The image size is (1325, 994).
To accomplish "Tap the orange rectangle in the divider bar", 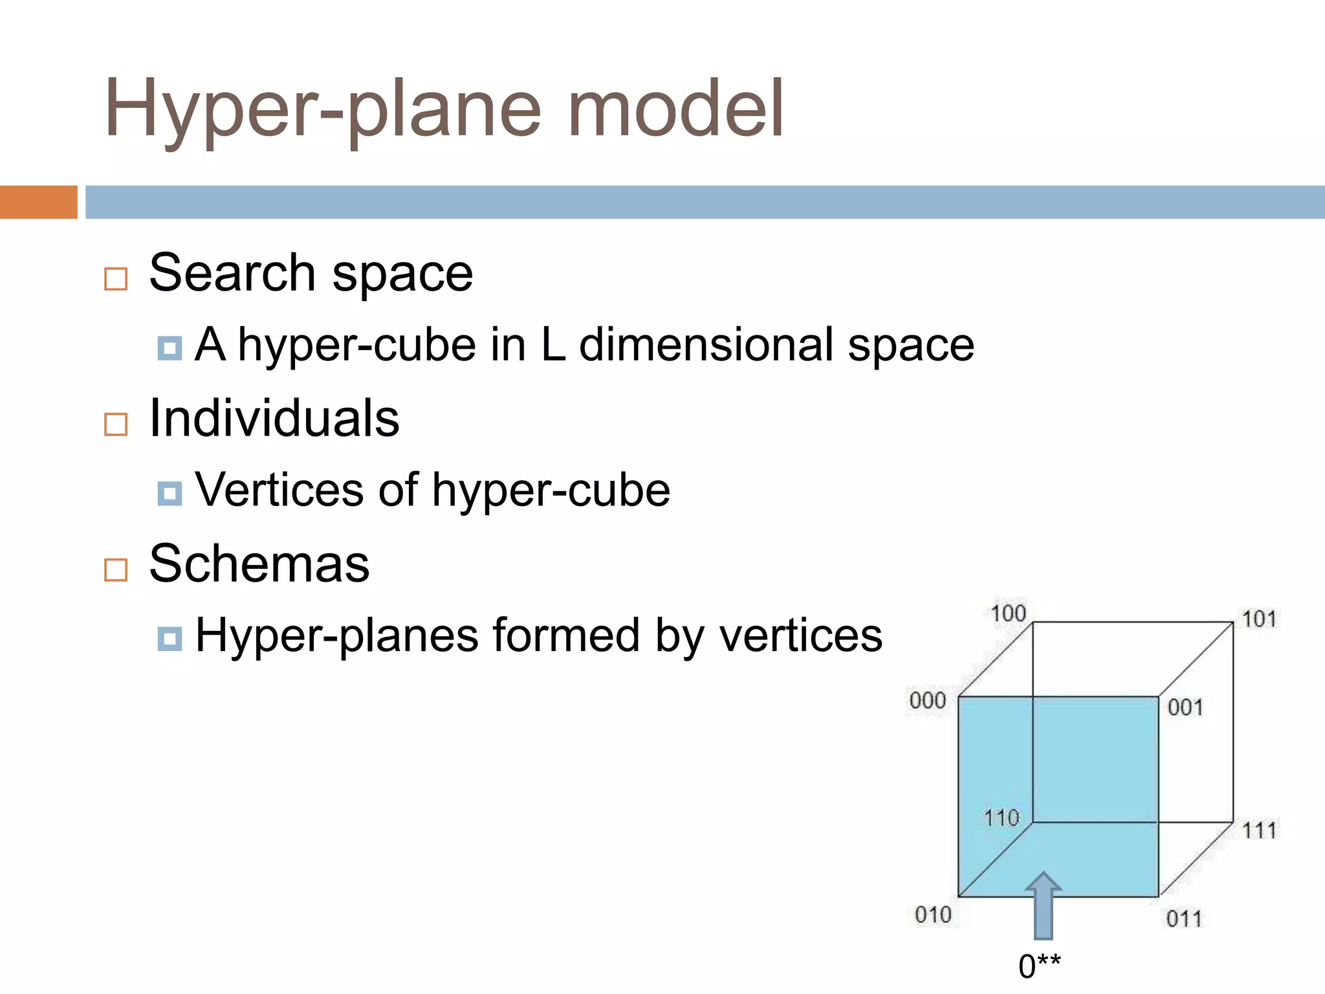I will (x=38, y=202).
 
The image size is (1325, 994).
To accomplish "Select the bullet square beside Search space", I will (x=116, y=279).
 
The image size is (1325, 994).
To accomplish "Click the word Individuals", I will (x=274, y=419).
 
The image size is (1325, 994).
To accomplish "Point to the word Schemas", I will (x=259, y=564).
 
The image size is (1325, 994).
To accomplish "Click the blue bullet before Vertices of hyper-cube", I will (x=170, y=494).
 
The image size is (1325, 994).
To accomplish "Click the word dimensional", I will (x=706, y=345).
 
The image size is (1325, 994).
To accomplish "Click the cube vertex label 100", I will (x=1008, y=613).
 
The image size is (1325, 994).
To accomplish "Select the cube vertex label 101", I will (x=1258, y=619).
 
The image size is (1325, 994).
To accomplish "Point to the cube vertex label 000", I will (x=927, y=700).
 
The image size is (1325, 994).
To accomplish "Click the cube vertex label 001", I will (x=1185, y=707).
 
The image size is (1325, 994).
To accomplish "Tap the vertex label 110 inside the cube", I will (x=1001, y=818).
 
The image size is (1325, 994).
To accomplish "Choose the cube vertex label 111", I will (x=1259, y=830).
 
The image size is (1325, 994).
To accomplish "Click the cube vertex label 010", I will (x=932, y=915).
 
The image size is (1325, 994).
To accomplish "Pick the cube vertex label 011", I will (x=1183, y=918).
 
